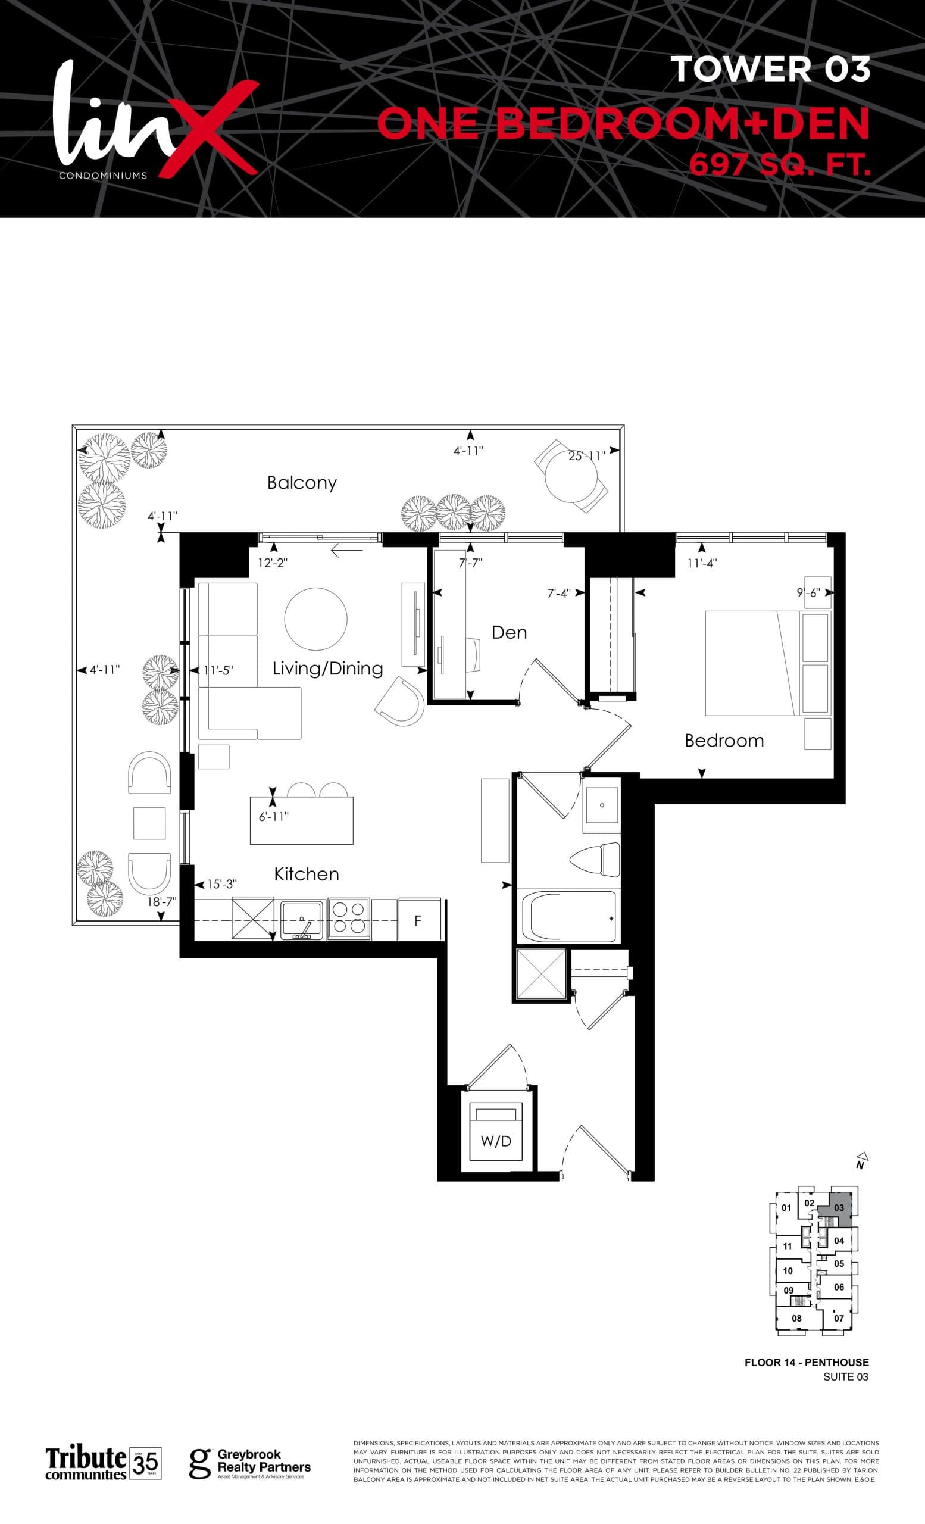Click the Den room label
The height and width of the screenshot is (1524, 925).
coord(509,632)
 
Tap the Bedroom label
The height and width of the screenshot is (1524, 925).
coord(724,741)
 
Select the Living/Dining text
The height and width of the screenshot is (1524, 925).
coord(328,668)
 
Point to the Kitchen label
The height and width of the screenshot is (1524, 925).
coord(307,874)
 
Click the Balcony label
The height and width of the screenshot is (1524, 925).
coord(302,482)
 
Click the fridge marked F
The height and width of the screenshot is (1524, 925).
coord(420,921)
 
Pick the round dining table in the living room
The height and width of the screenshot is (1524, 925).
coord(315,619)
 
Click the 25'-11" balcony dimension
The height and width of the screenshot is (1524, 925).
coord(586,456)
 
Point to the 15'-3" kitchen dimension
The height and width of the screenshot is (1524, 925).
coord(221,885)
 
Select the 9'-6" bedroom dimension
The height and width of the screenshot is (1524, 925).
coord(808,592)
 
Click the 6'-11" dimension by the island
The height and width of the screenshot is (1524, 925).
coord(273,816)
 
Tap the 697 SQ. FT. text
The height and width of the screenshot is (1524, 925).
coord(780,165)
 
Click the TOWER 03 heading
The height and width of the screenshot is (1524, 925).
coord(771,69)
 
